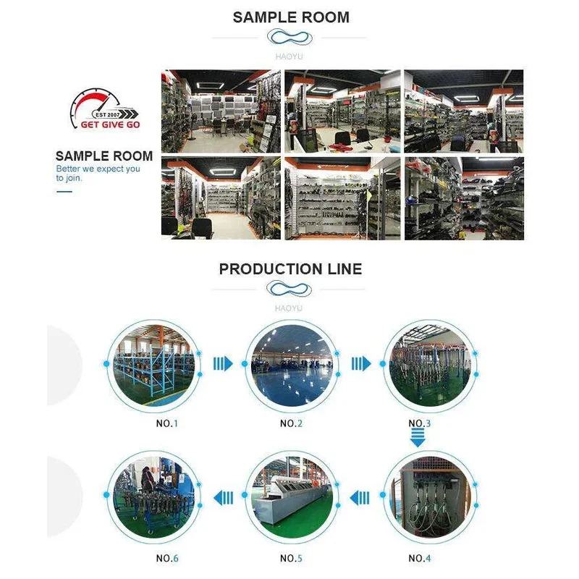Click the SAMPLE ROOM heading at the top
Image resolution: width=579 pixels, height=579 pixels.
291,17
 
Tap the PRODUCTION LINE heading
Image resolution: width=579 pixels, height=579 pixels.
290,269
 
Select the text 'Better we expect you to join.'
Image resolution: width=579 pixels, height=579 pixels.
98,173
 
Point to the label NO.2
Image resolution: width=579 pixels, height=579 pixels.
290,423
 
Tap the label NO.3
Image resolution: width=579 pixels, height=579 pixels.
419,423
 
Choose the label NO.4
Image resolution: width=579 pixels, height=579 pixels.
419,558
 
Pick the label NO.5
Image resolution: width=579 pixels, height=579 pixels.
290,558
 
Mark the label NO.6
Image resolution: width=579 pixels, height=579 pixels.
166,558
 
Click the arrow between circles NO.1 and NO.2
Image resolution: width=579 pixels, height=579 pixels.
223,363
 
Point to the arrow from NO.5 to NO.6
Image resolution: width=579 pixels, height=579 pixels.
223,497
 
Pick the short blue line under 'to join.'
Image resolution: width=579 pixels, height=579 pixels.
64,192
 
